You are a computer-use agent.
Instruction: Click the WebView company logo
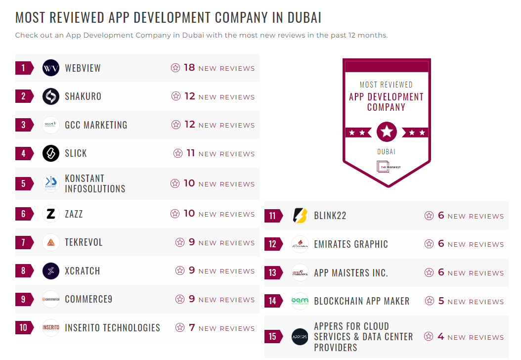51,68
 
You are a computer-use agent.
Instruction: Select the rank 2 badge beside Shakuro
23,96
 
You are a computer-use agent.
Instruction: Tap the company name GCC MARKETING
96,125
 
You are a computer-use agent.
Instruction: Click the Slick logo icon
51,153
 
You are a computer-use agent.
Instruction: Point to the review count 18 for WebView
189,68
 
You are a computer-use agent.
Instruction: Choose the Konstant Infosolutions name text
95,183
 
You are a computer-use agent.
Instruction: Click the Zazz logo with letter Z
51,214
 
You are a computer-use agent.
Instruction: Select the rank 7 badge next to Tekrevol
23,242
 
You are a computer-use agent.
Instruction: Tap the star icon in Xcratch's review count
180,271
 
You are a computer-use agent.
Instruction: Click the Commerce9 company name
88,299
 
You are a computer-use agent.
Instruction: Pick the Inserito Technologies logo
51,327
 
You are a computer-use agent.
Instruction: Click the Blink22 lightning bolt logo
300,216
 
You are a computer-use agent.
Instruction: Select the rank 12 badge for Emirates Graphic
272,244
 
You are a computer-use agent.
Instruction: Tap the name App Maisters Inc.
351,273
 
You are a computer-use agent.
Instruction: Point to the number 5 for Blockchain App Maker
441,301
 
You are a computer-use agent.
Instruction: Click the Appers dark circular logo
300,337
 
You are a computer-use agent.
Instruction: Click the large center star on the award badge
387,132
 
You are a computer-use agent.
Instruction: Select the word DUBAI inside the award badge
386,152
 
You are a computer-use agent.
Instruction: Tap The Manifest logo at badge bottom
387,167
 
